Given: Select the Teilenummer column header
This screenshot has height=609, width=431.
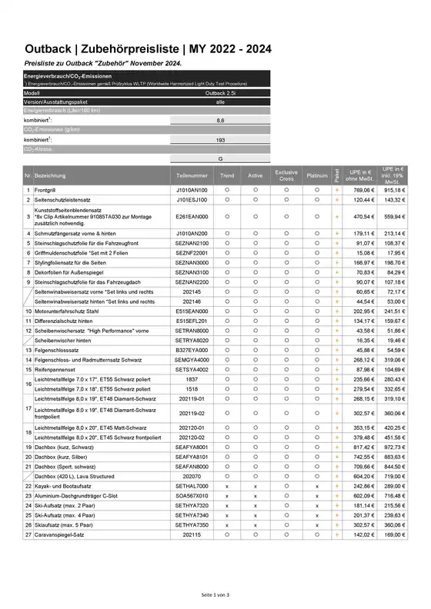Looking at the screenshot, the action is pos(192,175).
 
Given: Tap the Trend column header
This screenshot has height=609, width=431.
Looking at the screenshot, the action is pos(227,175).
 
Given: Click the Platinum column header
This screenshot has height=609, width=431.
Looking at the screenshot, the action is pos(316,175).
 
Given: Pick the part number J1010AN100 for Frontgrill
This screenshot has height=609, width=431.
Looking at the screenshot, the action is pos(192,189).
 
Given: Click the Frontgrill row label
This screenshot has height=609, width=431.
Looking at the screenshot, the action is pos(45,189).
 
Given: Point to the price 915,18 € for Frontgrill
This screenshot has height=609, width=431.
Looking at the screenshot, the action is pos(395,189).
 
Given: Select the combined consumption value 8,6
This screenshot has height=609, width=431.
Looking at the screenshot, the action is pos(221,120).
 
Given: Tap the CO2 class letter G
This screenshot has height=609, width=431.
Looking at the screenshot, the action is pos(221,158).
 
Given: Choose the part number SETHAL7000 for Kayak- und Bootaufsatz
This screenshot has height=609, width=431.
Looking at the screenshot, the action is pos(192,487).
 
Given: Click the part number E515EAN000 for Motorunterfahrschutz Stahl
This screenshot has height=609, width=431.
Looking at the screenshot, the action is pos(192,310).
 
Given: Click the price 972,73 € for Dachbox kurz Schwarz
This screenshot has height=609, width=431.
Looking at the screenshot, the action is pos(395,447).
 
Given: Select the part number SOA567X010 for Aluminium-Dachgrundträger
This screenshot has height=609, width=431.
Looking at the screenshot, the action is pos(192,497).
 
